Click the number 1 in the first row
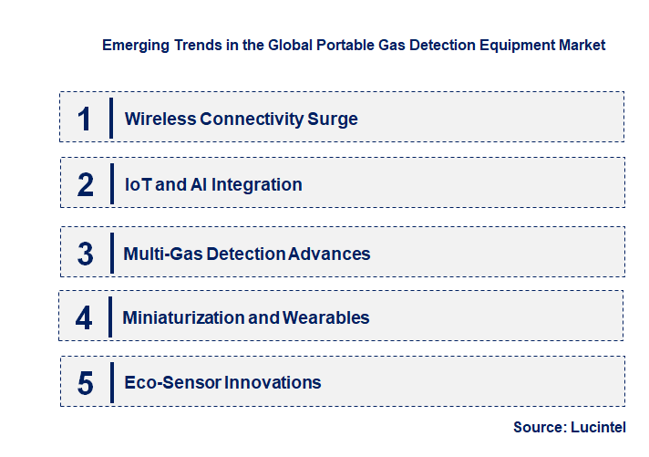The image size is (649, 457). click(85, 119)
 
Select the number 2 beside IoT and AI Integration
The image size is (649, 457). click(86, 184)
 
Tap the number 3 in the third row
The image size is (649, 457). click(85, 254)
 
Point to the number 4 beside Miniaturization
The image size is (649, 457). click(84, 317)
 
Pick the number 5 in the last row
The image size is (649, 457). click(85, 383)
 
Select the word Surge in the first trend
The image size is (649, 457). click(334, 119)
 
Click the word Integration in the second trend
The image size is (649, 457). click(259, 184)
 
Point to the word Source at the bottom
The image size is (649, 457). click(541, 427)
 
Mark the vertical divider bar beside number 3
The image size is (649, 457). click(111, 253)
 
